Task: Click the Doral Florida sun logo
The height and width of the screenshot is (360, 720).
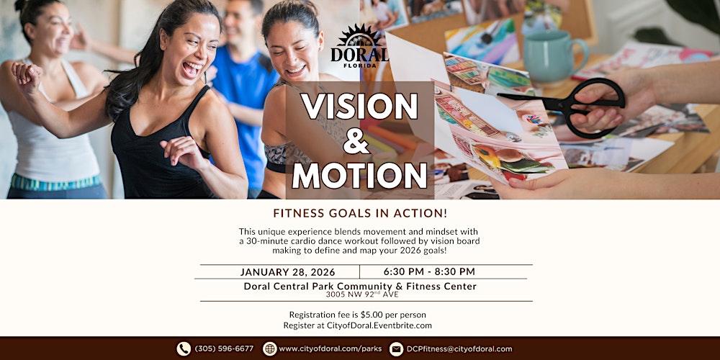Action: click(x=359, y=44)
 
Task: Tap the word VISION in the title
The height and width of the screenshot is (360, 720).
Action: click(x=359, y=107)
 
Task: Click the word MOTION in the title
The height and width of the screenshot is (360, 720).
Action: click(x=360, y=176)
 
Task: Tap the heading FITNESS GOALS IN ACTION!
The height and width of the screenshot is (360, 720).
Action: click(x=359, y=213)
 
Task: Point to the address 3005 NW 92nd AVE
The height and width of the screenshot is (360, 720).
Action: click(x=360, y=294)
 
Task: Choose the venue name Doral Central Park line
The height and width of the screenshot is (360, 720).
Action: click(x=360, y=286)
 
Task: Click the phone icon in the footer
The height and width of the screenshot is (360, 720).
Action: click(x=184, y=349)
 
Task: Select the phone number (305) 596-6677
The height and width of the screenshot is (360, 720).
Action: click(x=224, y=349)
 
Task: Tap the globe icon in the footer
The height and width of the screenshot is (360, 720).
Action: click(x=270, y=349)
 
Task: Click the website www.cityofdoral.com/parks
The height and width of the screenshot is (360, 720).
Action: click(x=330, y=349)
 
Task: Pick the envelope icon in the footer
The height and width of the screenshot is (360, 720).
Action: click(x=396, y=349)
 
